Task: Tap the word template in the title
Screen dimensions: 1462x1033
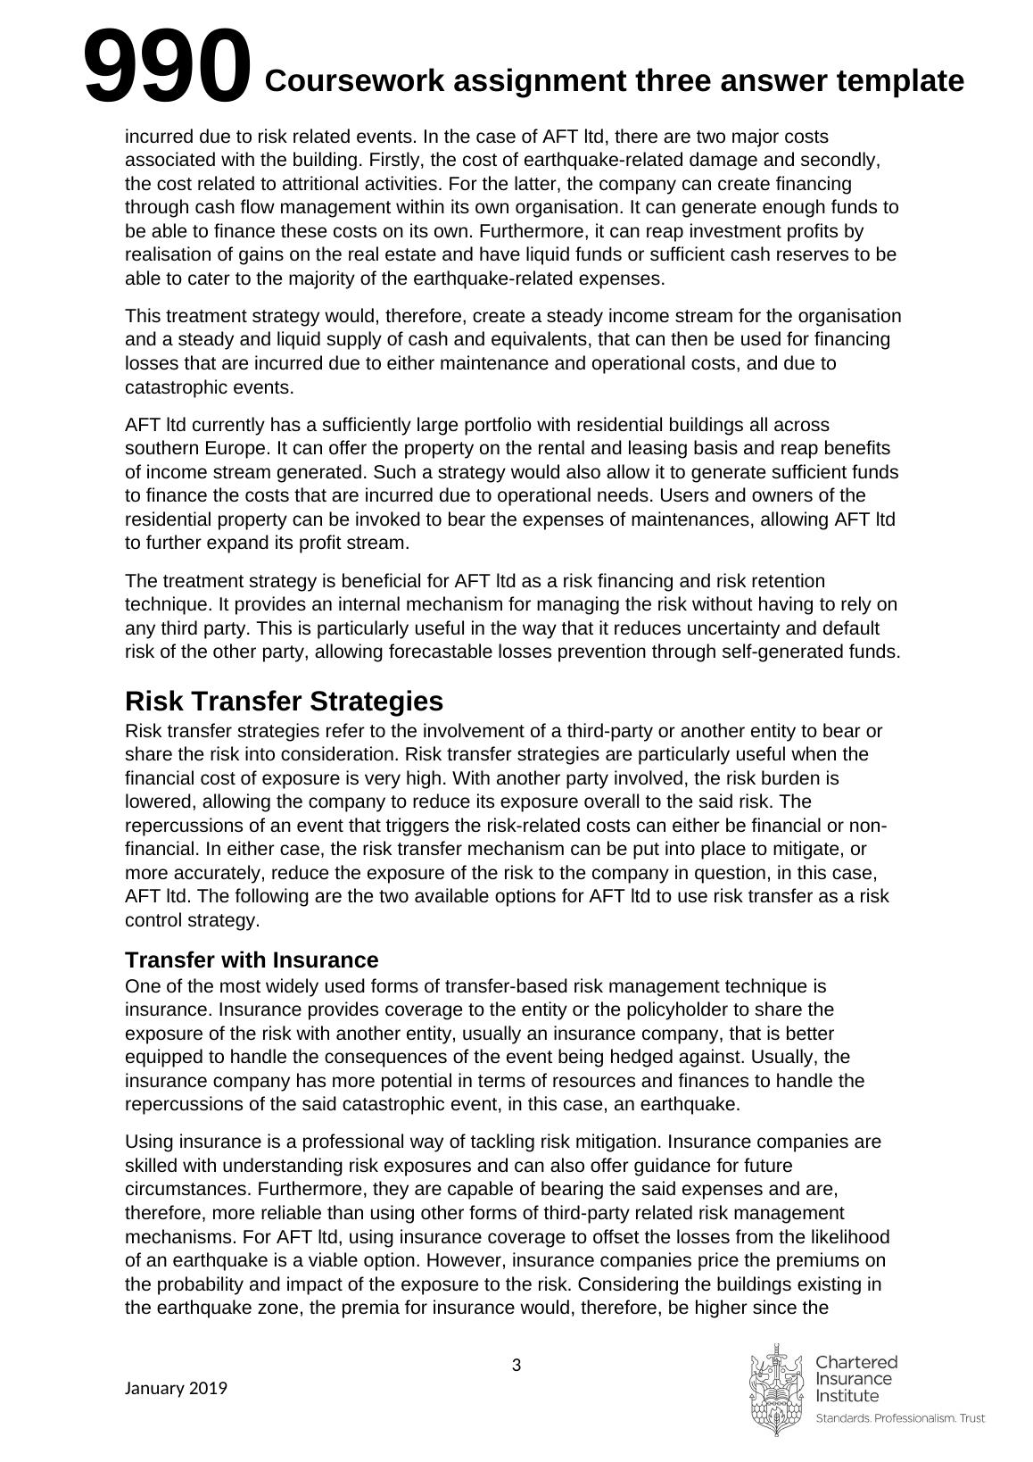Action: point(900,81)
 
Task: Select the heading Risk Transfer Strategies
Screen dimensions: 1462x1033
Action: point(284,701)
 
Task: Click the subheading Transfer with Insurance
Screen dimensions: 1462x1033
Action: point(252,960)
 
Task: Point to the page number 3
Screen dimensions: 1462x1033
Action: point(516,1365)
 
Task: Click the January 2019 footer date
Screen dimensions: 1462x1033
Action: point(176,1388)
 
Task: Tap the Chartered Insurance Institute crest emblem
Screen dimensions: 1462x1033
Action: point(775,1390)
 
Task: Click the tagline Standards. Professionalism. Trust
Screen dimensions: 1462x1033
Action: point(900,1418)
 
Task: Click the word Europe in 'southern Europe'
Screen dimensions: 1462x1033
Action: point(236,448)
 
